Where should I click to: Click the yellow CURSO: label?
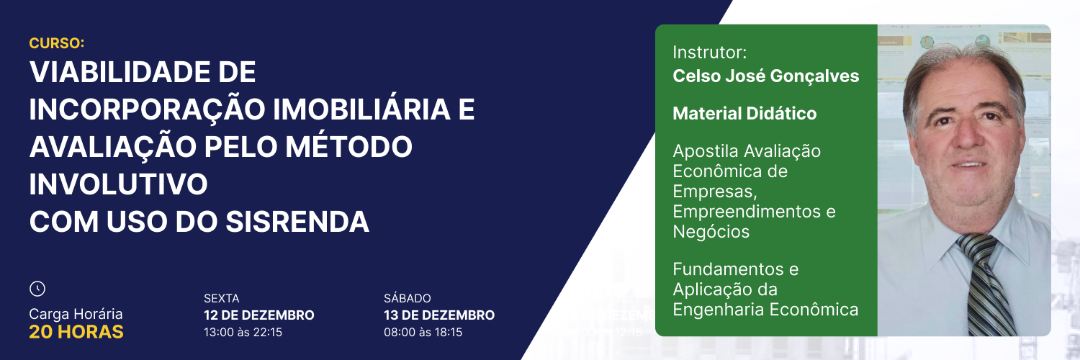pyautogui.click(x=56, y=43)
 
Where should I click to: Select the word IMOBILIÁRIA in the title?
pyautogui.click(x=361, y=109)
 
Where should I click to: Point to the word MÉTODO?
pyautogui.click(x=349, y=146)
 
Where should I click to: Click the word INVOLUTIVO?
pyautogui.click(x=119, y=184)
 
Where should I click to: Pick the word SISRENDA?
pyautogui.click(x=297, y=222)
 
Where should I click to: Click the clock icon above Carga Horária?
pyautogui.click(x=37, y=289)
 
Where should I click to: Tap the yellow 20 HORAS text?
pyautogui.click(x=76, y=332)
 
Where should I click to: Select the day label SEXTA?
pyautogui.click(x=221, y=298)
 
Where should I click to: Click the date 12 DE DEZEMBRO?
pyautogui.click(x=259, y=315)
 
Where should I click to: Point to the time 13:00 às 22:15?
pyautogui.click(x=243, y=332)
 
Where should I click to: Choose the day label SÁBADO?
pyautogui.click(x=408, y=298)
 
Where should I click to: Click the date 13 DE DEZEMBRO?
pyautogui.click(x=439, y=315)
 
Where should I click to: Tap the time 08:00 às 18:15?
pyautogui.click(x=423, y=332)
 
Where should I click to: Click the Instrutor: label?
pyautogui.click(x=710, y=52)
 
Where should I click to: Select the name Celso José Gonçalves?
pyautogui.click(x=765, y=76)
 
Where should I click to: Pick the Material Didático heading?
pyautogui.click(x=744, y=113)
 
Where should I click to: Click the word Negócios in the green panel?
pyautogui.click(x=711, y=232)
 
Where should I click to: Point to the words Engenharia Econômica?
pyautogui.click(x=765, y=310)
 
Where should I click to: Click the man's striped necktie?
pyautogui.click(x=984, y=284)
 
